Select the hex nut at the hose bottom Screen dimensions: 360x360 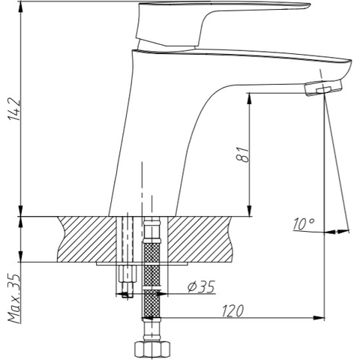point(151,349)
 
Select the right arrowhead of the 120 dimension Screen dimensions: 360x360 point(322,316)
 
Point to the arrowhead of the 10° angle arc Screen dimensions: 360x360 point(346,230)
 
